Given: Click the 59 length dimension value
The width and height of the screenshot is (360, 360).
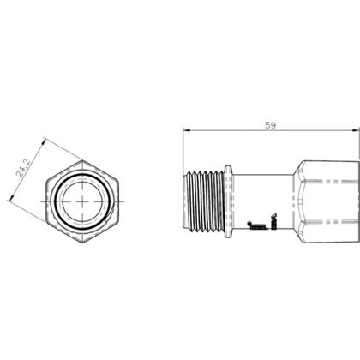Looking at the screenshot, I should [271, 124].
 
